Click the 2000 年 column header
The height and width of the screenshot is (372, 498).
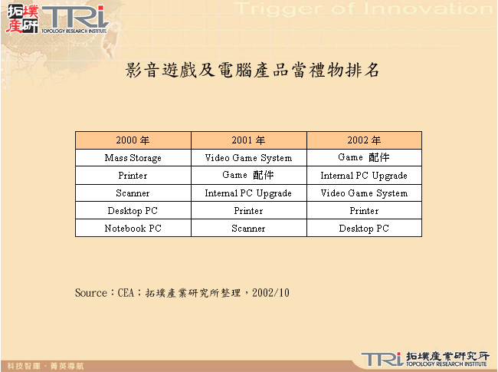point(133,140)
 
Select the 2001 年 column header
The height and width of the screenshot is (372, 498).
point(248,140)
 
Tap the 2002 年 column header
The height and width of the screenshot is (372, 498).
point(364,140)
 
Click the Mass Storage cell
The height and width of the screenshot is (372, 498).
point(133,158)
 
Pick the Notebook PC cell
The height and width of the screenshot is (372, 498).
point(133,229)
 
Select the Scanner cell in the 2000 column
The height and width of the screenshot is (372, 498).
point(133,193)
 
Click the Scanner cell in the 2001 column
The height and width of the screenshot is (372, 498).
point(248,229)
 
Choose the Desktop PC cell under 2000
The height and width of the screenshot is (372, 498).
point(133,211)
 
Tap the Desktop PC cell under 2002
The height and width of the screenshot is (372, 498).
point(364,229)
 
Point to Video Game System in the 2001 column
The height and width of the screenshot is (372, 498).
point(248,158)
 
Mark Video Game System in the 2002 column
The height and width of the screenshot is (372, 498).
point(364,193)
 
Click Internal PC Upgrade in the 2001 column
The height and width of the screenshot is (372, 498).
point(248,193)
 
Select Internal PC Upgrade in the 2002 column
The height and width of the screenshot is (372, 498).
point(364,176)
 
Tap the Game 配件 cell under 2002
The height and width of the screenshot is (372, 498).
point(364,158)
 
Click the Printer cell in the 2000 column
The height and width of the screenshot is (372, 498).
point(133,176)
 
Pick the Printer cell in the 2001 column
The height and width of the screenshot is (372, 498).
point(248,211)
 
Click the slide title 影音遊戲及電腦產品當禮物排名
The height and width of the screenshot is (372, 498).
point(252,71)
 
